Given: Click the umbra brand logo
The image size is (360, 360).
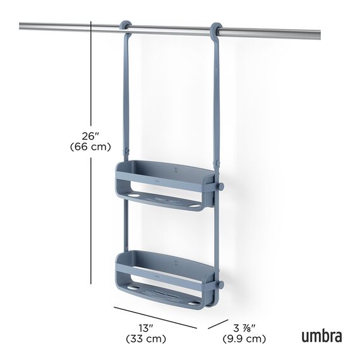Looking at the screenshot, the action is [321, 337].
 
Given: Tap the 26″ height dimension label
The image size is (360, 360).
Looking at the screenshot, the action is [90, 136].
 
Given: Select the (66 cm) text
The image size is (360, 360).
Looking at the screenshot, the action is [90, 147].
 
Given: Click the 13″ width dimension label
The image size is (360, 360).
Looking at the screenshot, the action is [146, 328].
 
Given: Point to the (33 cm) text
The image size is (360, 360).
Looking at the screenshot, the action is [146, 339].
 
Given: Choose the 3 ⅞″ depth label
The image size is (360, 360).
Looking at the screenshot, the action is [244, 328].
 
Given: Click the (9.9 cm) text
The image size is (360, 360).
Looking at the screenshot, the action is [244, 339].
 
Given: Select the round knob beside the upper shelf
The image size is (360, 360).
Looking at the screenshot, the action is [220, 186].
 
